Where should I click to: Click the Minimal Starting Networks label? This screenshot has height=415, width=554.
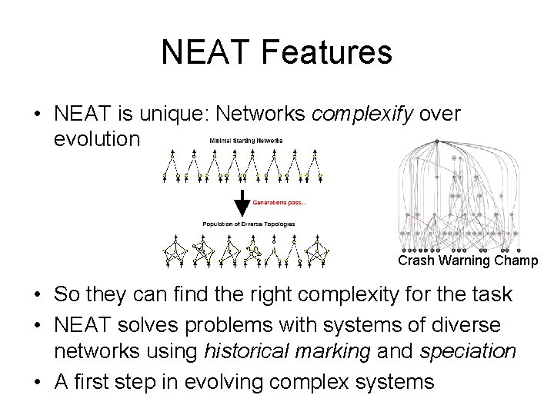point(246,141)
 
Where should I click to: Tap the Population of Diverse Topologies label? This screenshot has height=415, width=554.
point(249,224)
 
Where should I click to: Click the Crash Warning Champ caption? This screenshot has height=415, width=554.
point(468,261)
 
